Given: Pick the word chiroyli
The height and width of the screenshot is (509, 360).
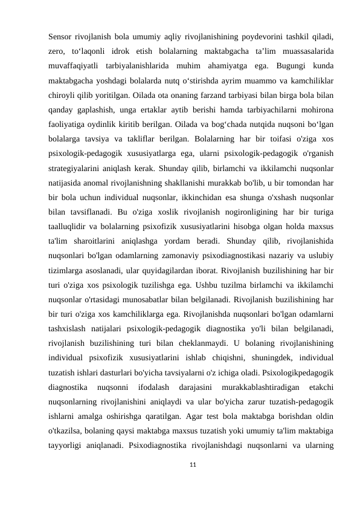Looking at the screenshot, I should click(63, 96).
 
